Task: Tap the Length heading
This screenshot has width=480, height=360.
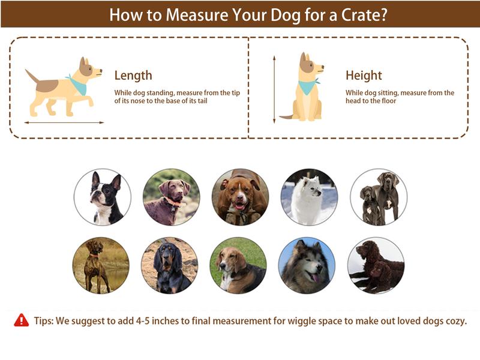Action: pyautogui.click(x=133, y=76)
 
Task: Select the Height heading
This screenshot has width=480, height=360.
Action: pyautogui.click(x=364, y=76)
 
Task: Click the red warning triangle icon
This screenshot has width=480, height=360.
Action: pyautogui.click(x=22, y=320)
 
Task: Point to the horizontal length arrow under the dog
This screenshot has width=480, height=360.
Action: pyautogui.click(x=64, y=122)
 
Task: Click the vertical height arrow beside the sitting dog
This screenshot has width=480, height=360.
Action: pyautogui.click(x=274, y=88)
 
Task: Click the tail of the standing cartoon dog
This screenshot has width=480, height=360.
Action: pyautogui.click(x=32, y=76)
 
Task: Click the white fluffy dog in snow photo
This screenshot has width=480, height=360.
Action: pyautogui.click(x=310, y=197)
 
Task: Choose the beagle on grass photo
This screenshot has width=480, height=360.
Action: pyautogui.click(x=238, y=265)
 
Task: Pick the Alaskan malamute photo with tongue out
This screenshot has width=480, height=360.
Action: pyautogui.click(x=307, y=265)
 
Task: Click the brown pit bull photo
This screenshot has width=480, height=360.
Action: pyautogui.click(x=240, y=197)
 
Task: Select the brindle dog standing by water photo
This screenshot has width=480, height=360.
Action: pyautogui.click(x=101, y=265)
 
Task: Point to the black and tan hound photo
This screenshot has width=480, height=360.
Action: pyautogui.click(x=170, y=265)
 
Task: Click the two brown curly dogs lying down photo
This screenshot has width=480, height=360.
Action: pyautogui.click(x=376, y=265)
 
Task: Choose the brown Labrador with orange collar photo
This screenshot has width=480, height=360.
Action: pyautogui.click(x=171, y=197)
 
